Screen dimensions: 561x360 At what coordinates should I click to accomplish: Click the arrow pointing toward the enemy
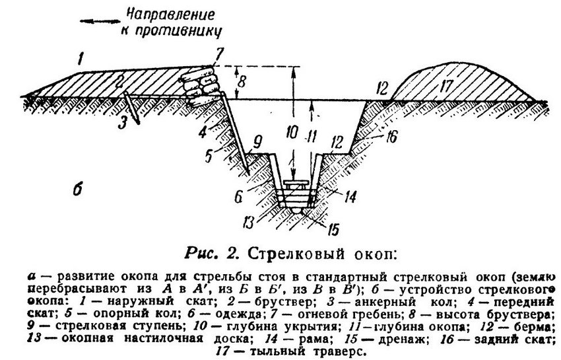click(100, 22)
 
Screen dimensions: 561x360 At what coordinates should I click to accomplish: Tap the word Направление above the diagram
click(172, 15)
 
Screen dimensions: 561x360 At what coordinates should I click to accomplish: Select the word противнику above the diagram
click(172, 31)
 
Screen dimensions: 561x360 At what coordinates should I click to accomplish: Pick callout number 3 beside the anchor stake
click(123, 124)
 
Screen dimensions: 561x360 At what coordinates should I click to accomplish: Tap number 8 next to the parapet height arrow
click(242, 82)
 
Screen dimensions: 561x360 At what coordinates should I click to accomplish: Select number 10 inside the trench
click(292, 133)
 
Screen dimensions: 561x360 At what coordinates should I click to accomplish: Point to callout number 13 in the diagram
click(248, 222)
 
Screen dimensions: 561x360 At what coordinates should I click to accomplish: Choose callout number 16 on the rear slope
click(392, 136)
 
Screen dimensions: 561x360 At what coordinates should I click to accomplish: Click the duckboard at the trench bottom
click(296, 184)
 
